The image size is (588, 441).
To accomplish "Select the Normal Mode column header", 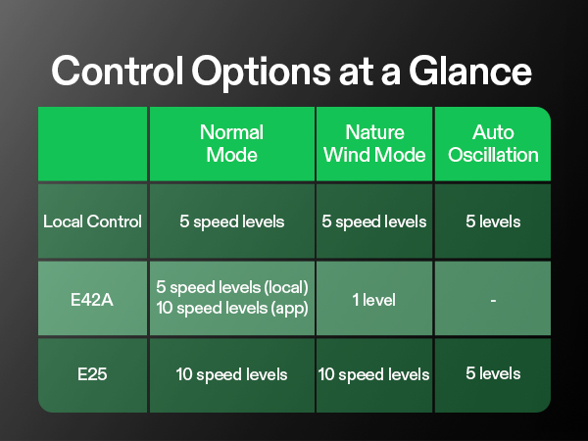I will coord(231,144).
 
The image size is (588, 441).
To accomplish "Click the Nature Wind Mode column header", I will coord(374,144).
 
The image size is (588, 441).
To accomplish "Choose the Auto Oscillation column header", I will coord(492,144).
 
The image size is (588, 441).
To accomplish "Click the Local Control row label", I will coord(92,221).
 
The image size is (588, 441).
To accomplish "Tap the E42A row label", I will coord(92,300).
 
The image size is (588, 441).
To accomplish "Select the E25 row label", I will coord(92,373).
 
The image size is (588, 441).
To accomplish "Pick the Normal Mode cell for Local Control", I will coord(231,221).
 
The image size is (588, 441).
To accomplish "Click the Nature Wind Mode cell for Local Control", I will coord(374,221).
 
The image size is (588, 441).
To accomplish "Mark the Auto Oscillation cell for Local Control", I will coord(492,221).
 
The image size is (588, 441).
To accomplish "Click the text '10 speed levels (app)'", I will coord(232,310).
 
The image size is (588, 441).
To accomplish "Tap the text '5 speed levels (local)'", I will coord(232,289).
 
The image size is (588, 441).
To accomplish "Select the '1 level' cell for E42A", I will coord(374,300).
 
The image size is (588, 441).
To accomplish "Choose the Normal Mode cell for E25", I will coord(231,374).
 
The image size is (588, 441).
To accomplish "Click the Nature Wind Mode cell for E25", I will coord(374,374).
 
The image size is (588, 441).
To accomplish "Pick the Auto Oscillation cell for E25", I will coord(492,373).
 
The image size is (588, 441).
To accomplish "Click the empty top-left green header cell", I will coord(92,144).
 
